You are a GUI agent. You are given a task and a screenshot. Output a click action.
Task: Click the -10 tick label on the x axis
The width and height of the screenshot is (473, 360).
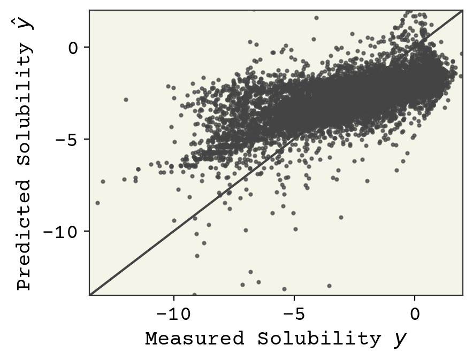(173, 314)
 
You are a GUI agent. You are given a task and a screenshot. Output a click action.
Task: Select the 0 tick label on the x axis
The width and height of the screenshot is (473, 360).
(415, 314)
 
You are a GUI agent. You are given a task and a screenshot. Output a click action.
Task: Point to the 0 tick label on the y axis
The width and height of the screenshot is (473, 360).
(73, 47)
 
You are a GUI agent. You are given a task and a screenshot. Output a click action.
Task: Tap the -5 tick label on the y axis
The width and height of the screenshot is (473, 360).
(68, 139)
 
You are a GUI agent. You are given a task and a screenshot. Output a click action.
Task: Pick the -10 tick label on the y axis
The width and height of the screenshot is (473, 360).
(63, 231)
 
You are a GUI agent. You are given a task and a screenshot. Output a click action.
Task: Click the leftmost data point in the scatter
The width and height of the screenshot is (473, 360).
(97, 203)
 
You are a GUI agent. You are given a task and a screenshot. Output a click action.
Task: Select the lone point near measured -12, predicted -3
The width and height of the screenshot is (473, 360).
(126, 99)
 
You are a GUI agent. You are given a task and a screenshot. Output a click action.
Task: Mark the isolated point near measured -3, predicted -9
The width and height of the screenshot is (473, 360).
(341, 217)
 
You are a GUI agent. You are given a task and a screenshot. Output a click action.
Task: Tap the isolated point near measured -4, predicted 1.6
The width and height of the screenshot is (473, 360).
(316, 18)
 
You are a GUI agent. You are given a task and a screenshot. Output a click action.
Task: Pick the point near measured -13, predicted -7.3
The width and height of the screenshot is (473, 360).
(103, 181)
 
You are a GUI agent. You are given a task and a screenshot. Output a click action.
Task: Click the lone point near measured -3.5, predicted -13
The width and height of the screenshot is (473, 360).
(329, 286)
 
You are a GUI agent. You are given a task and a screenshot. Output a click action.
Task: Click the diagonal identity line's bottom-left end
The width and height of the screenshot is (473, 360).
(90, 294)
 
